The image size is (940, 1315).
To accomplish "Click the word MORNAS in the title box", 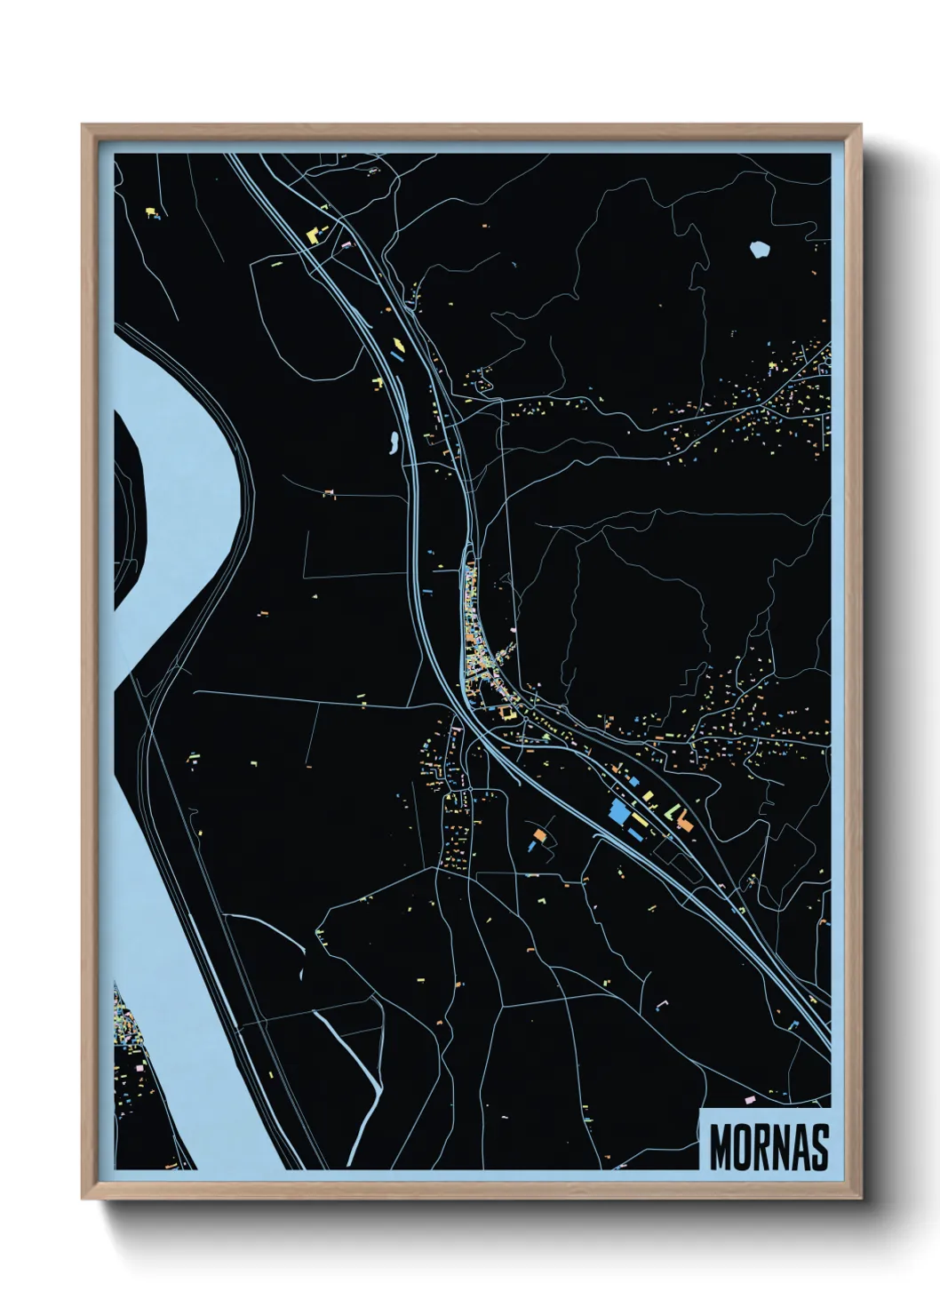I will [x=769, y=1148].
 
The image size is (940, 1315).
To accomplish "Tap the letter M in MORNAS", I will [x=720, y=1148].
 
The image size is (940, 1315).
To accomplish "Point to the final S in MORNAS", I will [x=819, y=1148].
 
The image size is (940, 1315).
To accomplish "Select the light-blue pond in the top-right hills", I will [x=759, y=250].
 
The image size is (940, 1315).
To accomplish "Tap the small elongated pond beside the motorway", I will [x=391, y=440].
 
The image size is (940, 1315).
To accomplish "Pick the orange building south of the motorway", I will [x=538, y=834].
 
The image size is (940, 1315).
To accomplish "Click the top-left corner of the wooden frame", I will [x=84, y=125].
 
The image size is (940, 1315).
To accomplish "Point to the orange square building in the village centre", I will [x=507, y=713].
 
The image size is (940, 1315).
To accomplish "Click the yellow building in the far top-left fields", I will [x=150, y=211].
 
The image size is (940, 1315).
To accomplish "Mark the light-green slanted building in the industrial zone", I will [x=673, y=810].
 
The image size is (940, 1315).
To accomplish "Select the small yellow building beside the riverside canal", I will [x=194, y=758].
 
